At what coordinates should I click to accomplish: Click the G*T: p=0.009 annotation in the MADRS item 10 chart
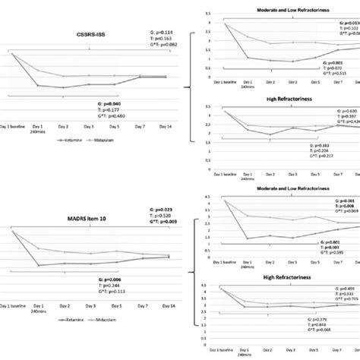click(161, 222)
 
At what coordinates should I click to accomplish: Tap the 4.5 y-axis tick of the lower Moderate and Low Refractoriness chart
click(203, 196)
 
